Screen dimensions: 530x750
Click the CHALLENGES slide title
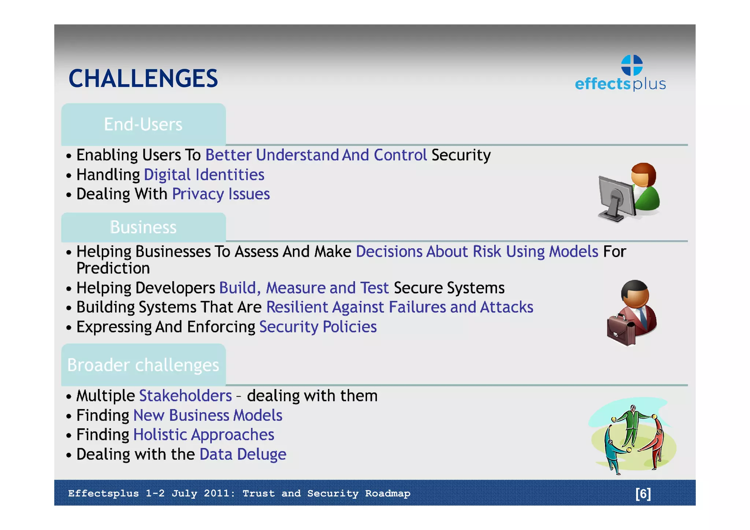[143, 78]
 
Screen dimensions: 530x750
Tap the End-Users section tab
[143, 125]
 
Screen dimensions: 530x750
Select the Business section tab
[143, 227]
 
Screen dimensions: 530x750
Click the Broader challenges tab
[143, 365]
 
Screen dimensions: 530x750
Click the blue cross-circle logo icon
[632, 65]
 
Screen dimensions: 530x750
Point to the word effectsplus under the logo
[620, 84]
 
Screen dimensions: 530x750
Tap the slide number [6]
[643, 494]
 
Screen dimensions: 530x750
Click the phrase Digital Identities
[204, 175]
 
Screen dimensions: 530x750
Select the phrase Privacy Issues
[221, 194]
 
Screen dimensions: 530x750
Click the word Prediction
[113, 268]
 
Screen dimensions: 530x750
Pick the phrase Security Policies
[318, 327]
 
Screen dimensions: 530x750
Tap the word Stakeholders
[185, 396]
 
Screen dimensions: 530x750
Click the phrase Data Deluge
[243, 455]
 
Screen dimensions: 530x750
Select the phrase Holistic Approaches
[204, 435]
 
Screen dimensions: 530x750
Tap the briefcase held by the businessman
[620, 330]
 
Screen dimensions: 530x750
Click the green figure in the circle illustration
[632, 425]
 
